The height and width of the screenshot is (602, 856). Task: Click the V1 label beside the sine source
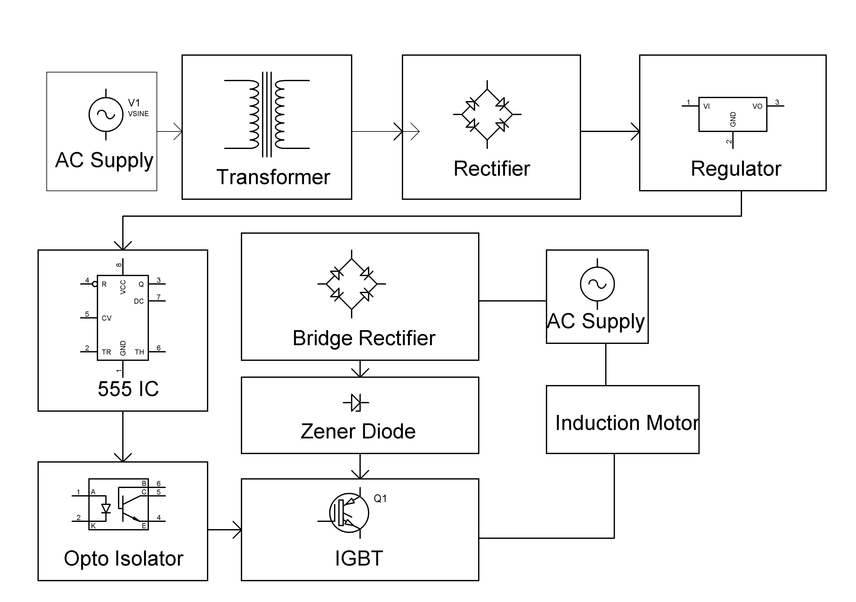pyautogui.click(x=134, y=103)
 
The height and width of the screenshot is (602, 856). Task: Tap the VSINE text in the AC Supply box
pyautogui.click(x=138, y=114)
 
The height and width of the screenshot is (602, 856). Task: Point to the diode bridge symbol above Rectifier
pyautogui.click(x=487, y=114)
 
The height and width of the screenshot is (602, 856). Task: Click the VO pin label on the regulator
pyautogui.click(x=757, y=106)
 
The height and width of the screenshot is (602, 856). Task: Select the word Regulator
pyautogui.click(x=736, y=169)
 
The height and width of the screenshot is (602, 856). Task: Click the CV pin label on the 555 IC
pyautogui.click(x=107, y=318)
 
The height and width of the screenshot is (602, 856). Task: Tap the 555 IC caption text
pyautogui.click(x=128, y=389)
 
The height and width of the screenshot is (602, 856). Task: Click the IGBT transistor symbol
pyautogui.click(x=349, y=513)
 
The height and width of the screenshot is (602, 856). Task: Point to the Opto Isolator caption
pyautogui.click(x=123, y=558)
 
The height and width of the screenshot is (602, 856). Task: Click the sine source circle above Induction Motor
pyautogui.click(x=597, y=284)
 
